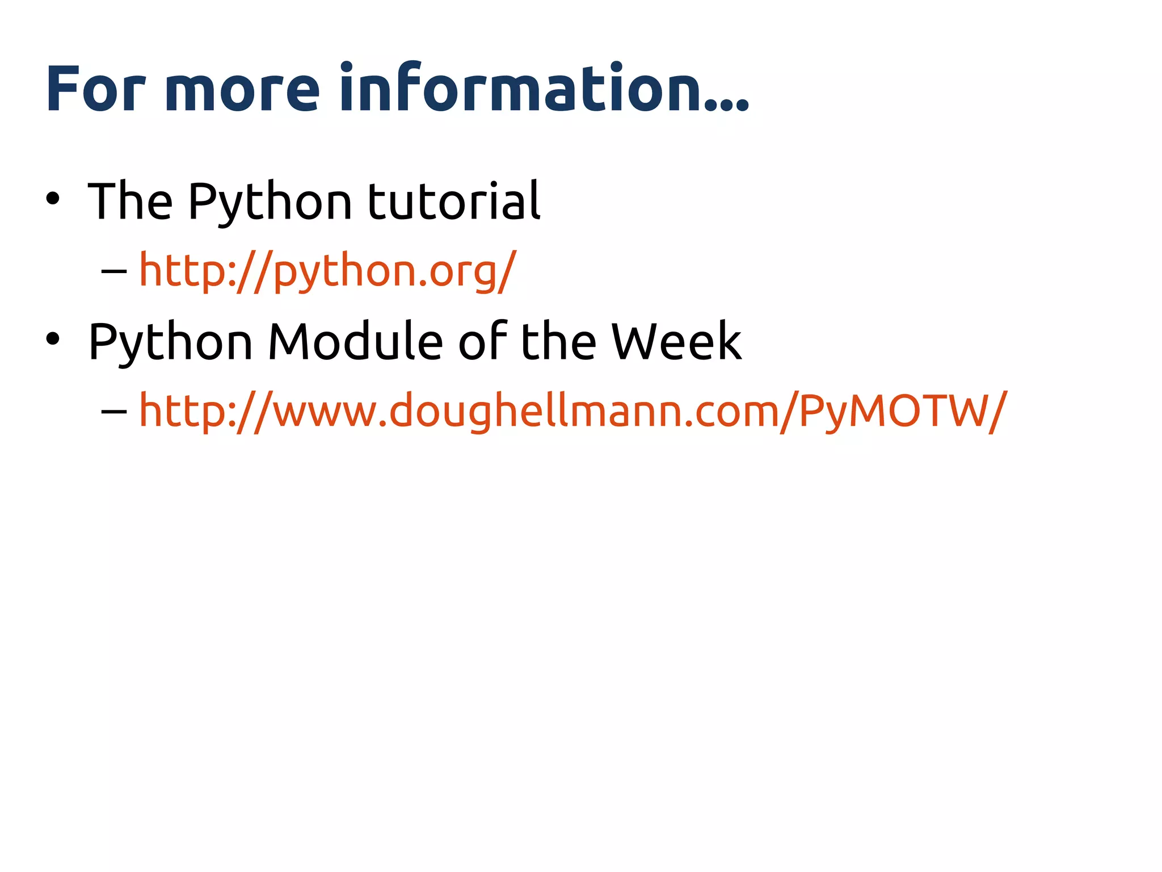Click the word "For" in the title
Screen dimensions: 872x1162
95,89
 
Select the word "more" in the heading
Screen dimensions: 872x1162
242,89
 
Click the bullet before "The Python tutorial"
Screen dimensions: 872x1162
53,199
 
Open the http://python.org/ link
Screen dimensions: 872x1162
328,271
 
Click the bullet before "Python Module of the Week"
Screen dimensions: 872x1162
53,339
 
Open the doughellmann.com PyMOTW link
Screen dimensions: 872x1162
573,411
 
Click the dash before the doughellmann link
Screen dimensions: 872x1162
113,411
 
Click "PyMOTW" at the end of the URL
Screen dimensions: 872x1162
894,411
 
